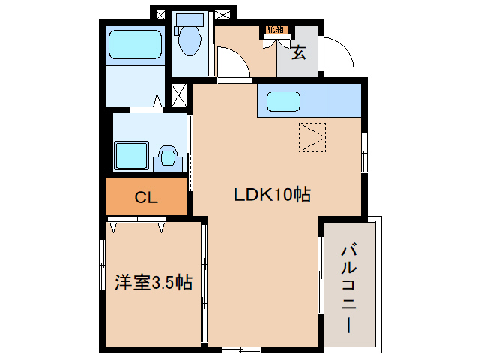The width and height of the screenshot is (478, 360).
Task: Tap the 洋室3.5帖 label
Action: click(153, 283)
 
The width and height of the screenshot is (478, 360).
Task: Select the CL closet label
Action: click(145, 198)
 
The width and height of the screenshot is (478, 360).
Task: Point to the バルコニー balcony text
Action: click(349, 289)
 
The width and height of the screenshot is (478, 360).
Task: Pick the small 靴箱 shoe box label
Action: click(275, 30)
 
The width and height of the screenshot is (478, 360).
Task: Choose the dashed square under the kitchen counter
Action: click(313, 136)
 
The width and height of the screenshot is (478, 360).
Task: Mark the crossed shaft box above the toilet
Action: click(160, 13)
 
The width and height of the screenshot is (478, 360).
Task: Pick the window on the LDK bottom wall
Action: click(240, 349)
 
